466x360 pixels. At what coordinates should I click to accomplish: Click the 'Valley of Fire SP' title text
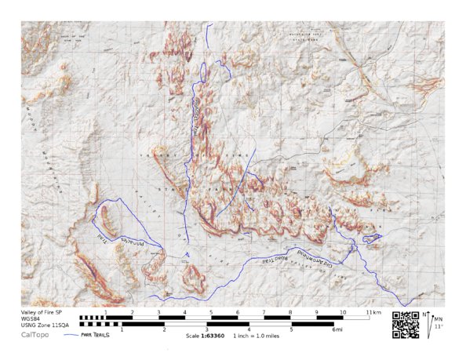[x=41, y=312]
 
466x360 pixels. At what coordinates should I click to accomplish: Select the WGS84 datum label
[x=31, y=318]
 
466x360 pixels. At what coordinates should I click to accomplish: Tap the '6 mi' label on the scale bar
[x=337, y=330]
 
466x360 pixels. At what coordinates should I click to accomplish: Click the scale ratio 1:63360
[x=213, y=336]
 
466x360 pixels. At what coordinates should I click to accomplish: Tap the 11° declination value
[x=439, y=326]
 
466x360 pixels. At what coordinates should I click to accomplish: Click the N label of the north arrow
[x=425, y=315]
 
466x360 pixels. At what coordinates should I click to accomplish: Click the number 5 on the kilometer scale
[x=210, y=312]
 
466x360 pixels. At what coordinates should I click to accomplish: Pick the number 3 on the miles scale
[x=206, y=330]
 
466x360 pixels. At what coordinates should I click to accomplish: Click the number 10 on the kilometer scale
[x=343, y=312]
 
